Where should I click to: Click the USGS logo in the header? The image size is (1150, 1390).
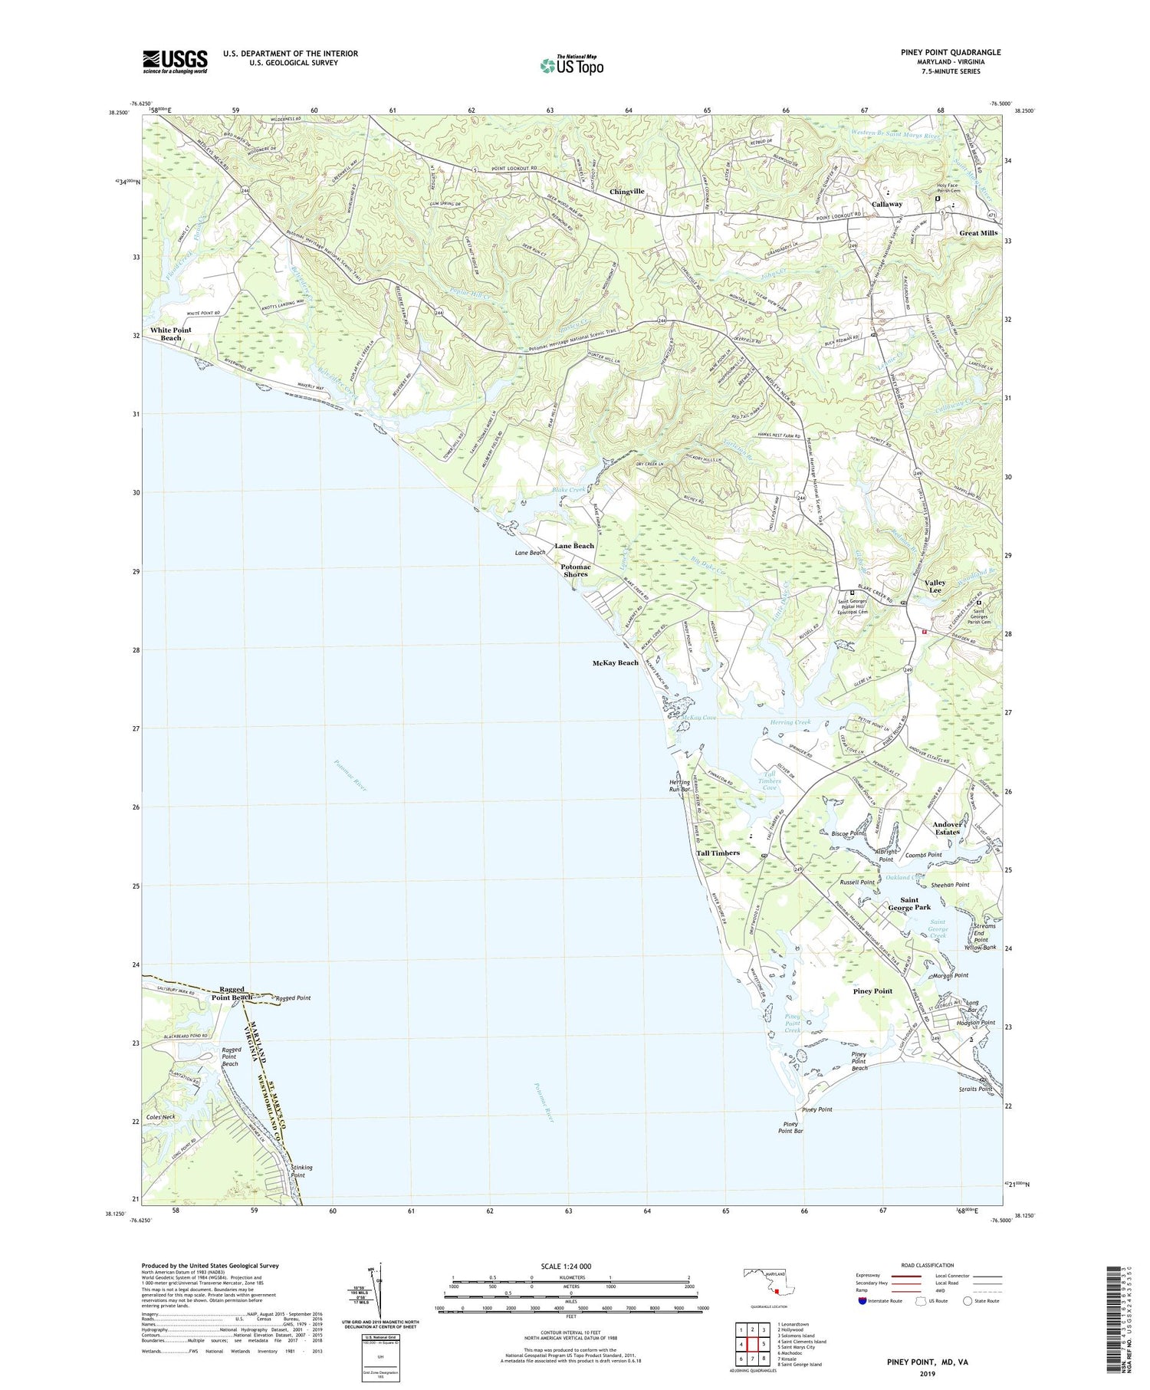175,61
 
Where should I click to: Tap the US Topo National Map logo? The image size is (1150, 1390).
571,66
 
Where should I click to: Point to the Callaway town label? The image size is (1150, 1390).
887,204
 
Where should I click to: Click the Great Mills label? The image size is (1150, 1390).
978,233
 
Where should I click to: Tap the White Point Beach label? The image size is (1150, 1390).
171,334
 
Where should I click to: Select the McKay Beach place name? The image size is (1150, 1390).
615,662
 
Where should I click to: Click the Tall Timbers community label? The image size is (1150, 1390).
718,853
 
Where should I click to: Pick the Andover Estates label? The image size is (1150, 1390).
947,828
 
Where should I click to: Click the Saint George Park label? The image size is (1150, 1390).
909,903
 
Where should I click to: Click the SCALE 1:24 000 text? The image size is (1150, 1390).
571,1266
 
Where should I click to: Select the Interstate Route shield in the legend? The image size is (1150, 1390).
863,1301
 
